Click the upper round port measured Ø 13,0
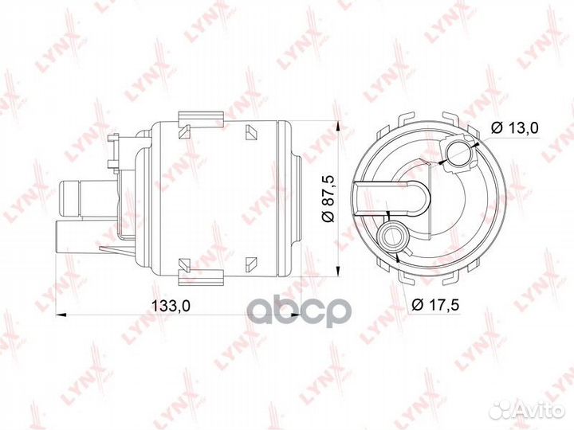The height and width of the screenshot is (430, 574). (x=460, y=154)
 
